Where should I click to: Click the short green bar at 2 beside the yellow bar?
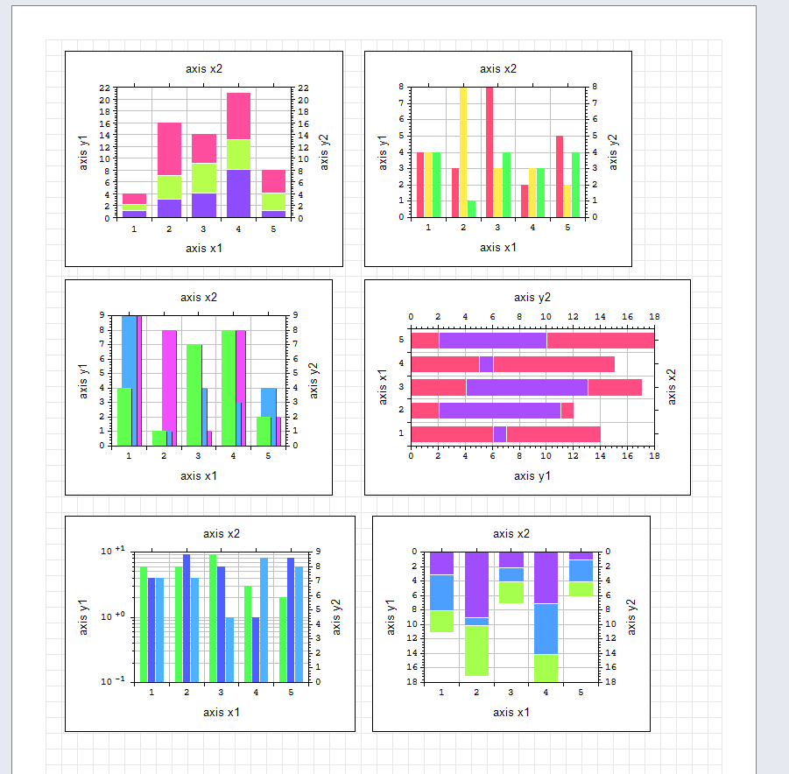tap(472, 208)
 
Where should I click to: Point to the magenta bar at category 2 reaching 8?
tap(170, 381)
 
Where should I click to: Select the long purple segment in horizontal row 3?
tap(526, 387)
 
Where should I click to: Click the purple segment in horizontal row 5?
tap(492, 341)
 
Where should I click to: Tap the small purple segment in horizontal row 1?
tap(499, 433)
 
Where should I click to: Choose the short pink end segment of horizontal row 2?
tap(567, 410)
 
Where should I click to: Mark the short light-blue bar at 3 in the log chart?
tap(230, 649)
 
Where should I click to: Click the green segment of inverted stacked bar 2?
tap(476, 650)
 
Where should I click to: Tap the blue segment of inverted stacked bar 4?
tap(546, 629)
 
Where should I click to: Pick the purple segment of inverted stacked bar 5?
tap(581, 555)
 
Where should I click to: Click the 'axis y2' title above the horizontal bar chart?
tap(532, 298)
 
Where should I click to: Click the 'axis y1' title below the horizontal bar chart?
tap(532, 475)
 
